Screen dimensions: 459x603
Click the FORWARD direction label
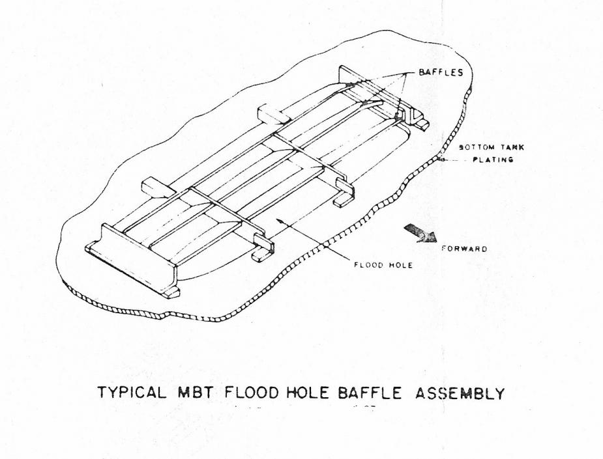(x=463, y=248)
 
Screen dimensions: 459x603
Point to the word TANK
(x=513, y=147)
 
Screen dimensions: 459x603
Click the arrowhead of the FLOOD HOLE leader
(x=277, y=221)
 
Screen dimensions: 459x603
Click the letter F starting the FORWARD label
(x=444, y=248)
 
